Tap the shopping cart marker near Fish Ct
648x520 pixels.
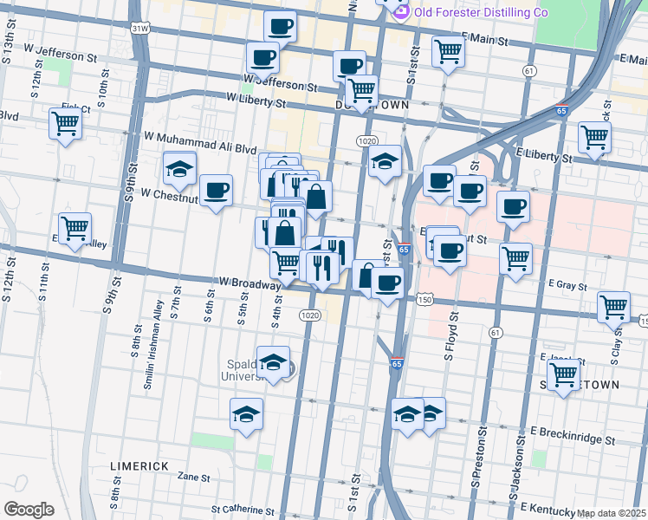point(65,124)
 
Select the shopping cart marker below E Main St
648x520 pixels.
point(448,52)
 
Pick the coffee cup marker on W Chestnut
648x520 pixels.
point(216,190)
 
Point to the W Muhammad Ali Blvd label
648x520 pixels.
point(200,137)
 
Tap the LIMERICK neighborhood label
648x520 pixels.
point(139,465)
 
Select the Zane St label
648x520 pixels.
point(193,477)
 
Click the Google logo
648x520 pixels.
point(28,510)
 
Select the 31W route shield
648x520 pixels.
point(139,28)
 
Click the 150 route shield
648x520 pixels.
point(424,298)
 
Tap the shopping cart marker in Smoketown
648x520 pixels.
point(563,374)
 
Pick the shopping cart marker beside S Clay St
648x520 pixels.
point(613,306)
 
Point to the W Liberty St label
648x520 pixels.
point(256,102)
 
